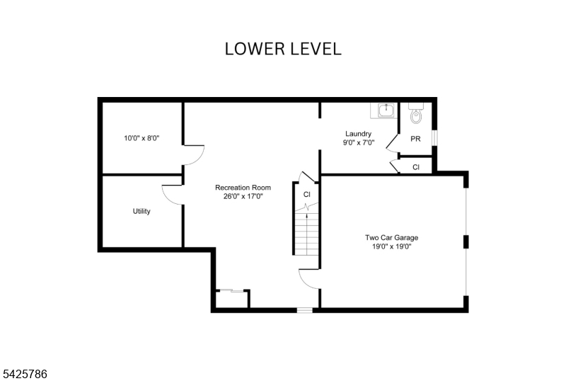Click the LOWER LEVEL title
(x=283, y=49)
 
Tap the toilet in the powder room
(x=416, y=113)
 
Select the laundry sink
(x=386, y=110)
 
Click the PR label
(x=415, y=139)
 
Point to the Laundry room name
(x=358, y=134)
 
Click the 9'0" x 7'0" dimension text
(x=359, y=142)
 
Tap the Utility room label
(x=141, y=211)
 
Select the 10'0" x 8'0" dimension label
(x=141, y=138)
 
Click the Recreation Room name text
(x=243, y=188)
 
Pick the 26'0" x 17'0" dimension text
(x=243, y=197)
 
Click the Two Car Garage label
(x=392, y=237)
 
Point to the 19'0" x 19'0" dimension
(x=392, y=246)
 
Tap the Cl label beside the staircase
(x=307, y=195)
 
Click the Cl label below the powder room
(x=416, y=167)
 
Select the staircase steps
(x=307, y=232)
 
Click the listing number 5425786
(x=25, y=374)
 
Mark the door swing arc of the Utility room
(x=168, y=199)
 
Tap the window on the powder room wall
(x=435, y=137)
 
